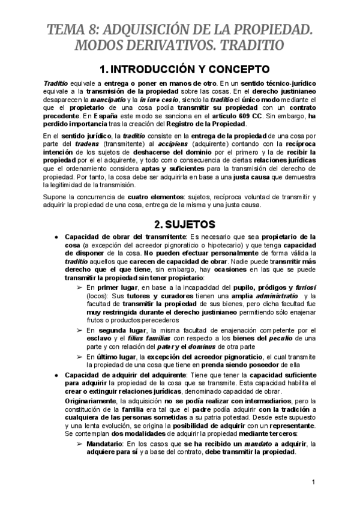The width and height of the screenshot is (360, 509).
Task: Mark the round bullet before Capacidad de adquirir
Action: pyautogui.click(x=56, y=375)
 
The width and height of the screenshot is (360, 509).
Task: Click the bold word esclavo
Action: pyautogui.click(x=99, y=339)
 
